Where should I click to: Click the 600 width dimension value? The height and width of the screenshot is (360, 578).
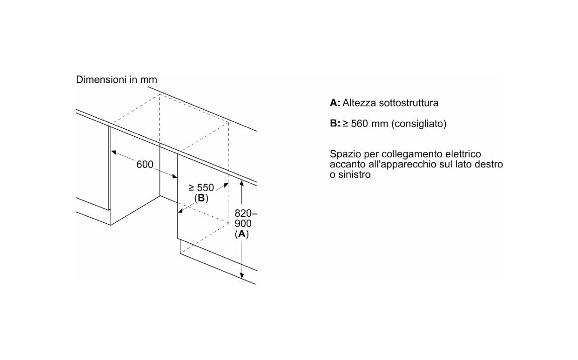tap(145, 164)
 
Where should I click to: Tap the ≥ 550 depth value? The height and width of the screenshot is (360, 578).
tap(201, 188)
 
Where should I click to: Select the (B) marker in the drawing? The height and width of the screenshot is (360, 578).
tap(201, 198)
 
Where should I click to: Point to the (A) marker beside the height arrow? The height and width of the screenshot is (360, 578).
tap(242, 234)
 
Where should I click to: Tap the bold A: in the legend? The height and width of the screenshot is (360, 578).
tap(335, 103)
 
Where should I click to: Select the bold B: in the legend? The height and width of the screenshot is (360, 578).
tap(335, 124)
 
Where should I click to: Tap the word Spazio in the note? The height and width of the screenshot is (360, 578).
tap(344, 154)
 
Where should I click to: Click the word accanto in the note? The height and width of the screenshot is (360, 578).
tap(345, 164)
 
